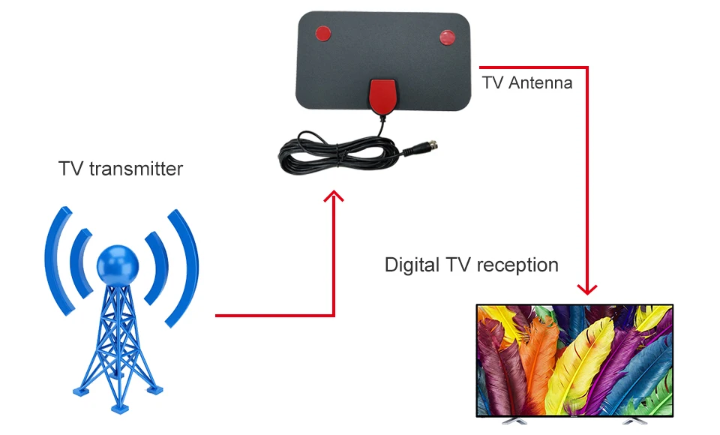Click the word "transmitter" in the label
tap(136, 169)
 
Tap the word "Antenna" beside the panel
tap(540, 82)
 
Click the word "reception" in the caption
tap(517, 265)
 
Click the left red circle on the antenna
tap(322, 33)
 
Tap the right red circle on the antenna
tap(447, 37)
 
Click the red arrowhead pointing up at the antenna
tap(334, 196)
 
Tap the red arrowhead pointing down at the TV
tap(587, 289)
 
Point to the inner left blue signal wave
tap(79, 262)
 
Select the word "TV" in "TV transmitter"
tap(71, 169)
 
